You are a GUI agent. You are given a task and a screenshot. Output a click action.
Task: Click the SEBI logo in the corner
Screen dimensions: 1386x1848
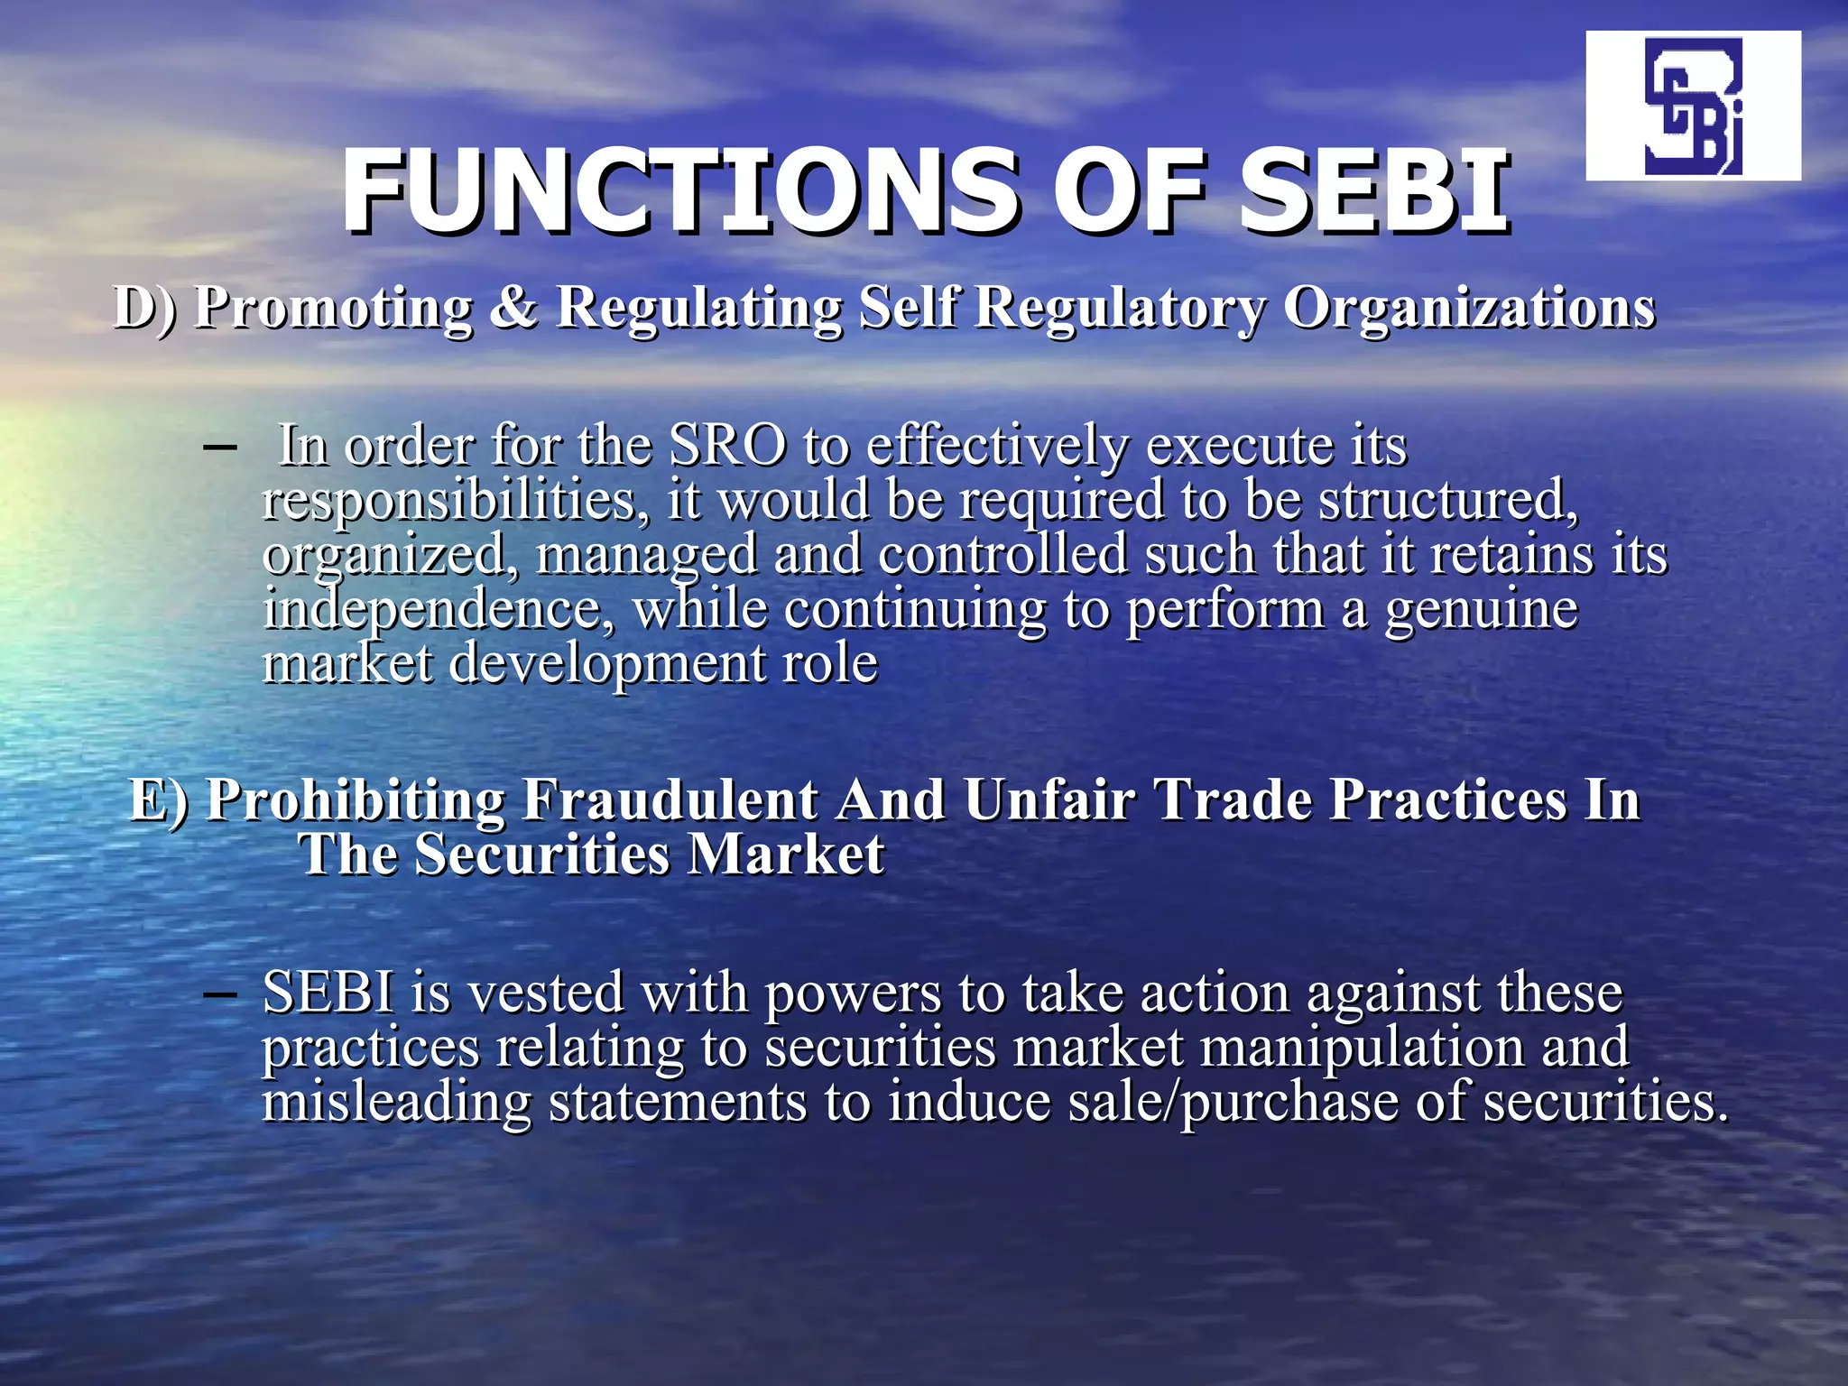pos(1693,106)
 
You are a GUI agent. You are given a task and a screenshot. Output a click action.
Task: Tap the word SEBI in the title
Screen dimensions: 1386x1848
pos(1372,191)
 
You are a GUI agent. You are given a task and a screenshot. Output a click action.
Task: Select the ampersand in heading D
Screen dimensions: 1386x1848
pos(513,307)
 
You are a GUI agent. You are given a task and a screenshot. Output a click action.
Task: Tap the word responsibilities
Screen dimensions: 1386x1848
pos(456,500)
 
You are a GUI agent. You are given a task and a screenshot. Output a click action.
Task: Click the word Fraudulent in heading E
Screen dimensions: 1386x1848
pos(670,799)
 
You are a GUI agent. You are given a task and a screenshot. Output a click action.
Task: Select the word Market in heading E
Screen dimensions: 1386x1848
pos(785,855)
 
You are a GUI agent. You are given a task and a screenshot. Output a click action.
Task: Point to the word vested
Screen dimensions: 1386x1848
pos(545,993)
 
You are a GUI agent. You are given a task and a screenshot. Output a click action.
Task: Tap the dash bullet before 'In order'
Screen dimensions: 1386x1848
pos(219,448)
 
